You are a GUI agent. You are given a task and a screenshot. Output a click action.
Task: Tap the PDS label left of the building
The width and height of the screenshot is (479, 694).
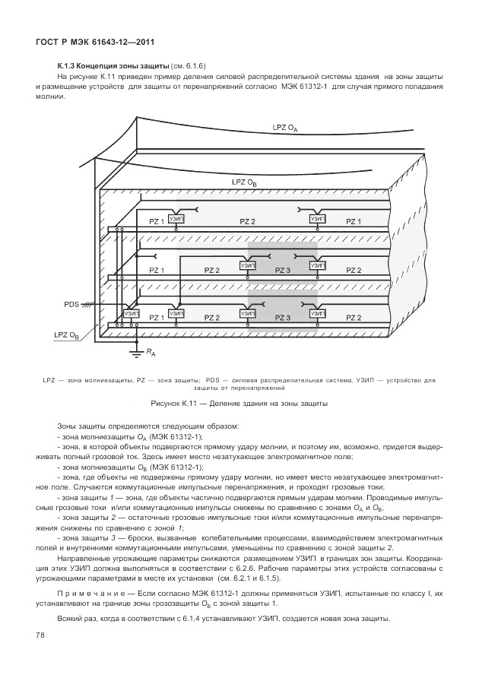tap(72, 304)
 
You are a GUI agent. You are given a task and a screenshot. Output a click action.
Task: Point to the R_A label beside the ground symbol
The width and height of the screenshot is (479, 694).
tap(152, 353)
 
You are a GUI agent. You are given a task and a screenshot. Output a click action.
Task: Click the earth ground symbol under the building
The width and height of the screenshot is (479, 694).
tap(137, 350)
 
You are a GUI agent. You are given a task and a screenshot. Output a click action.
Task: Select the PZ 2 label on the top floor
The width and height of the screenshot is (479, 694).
tap(247, 221)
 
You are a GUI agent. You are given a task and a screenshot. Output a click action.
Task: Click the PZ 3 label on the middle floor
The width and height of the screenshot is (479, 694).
tap(283, 270)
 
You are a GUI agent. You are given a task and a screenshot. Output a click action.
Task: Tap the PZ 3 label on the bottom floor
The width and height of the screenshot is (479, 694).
tap(283, 317)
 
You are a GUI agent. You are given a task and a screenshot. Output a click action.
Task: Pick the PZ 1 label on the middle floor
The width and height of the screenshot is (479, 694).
tap(157, 270)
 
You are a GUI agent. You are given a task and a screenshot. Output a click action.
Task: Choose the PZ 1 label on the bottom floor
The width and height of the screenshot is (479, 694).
tap(157, 317)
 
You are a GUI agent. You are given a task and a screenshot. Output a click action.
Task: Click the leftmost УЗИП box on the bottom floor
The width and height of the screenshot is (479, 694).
tap(132, 313)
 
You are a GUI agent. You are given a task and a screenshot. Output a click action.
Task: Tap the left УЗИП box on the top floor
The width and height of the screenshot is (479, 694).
tap(176, 219)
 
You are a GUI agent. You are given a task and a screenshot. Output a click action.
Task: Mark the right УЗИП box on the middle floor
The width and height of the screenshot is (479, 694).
tap(318, 266)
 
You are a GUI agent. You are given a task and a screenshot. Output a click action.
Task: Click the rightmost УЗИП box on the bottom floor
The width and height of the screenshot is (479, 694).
tap(318, 313)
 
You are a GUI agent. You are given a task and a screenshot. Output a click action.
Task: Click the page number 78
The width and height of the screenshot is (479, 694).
tap(40, 634)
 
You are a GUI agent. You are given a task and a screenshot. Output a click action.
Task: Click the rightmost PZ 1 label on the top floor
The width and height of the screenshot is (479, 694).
tap(354, 221)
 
